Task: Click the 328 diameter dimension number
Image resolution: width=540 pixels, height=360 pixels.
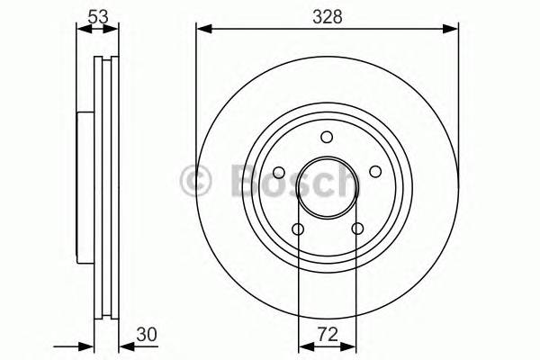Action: click(x=327, y=14)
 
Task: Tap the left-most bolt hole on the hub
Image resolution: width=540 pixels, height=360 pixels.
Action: click(x=278, y=172)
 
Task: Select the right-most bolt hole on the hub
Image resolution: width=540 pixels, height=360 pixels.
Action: click(x=373, y=172)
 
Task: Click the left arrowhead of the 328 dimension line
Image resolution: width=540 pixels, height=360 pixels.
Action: click(x=202, y=30)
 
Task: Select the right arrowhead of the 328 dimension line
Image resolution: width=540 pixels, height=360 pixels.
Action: click(x=452, y=30)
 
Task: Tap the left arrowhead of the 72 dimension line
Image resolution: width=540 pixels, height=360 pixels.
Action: click(x=302, y=346)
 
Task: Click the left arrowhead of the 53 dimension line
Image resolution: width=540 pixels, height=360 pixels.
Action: click(x=82, y=30)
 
